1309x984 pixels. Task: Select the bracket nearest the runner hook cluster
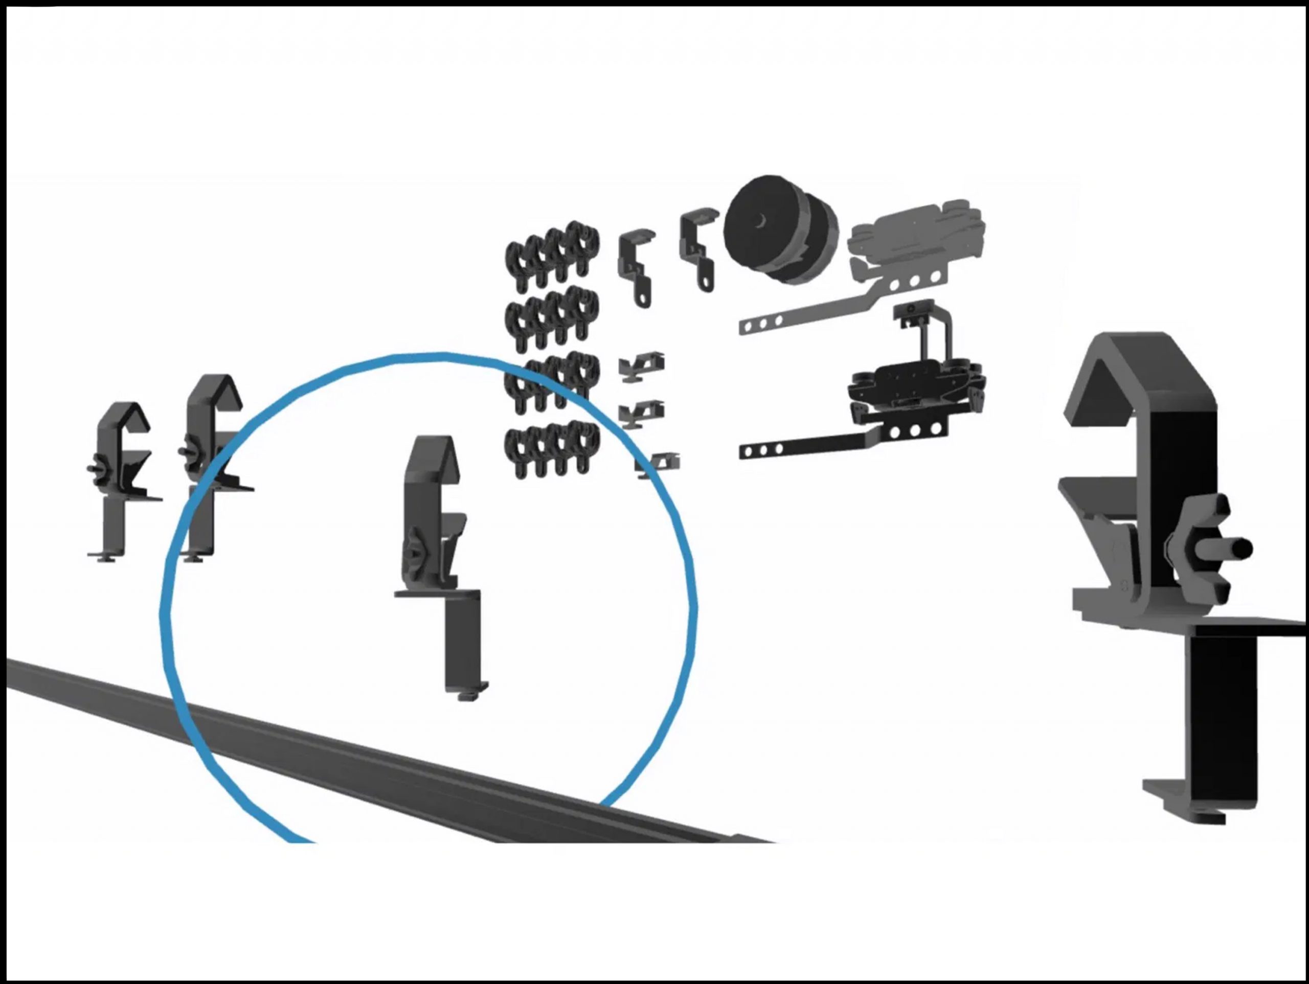pos(636,260)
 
